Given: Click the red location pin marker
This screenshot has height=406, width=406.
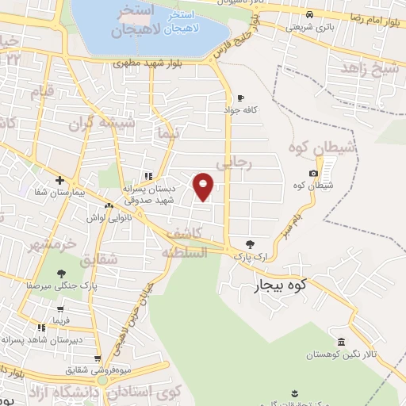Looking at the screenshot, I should pyautogui.click(x=204, y=186).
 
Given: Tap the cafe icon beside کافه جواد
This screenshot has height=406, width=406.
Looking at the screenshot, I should pyautogui.click(x=239, y=98).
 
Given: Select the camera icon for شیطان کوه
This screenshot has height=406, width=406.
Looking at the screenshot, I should pyautogui.click(x=313, y=173).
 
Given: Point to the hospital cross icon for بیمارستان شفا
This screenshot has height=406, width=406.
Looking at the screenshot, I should pyautogui.click(x=59, y=180).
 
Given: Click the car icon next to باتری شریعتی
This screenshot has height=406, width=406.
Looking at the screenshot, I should pyautogui.click(x=309, y=14).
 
